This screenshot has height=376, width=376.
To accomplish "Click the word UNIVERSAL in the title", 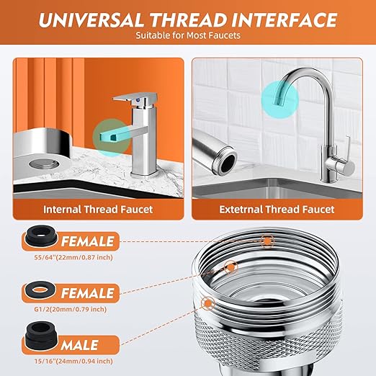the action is (x=91, y=19).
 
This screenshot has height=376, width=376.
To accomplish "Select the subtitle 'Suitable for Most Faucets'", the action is (x=188, y=35).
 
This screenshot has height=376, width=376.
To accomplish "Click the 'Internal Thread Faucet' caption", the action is (x=98, y=210).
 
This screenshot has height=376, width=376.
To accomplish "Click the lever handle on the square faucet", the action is (x=135, y=99).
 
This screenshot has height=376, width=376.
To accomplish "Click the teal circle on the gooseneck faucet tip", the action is (x=280, y=99).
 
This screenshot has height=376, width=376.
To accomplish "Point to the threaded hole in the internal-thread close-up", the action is (x=44, y=164).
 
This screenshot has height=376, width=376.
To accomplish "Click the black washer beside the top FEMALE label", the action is (x=41, y=236).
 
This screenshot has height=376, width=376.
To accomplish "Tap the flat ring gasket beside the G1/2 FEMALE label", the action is (x=40, y=290).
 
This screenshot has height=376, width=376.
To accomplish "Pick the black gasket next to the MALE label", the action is (x=40, y=334).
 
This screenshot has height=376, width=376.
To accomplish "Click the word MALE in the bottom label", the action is (x=79, y=345).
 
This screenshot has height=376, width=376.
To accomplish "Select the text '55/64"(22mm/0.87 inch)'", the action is (x=73, y=258).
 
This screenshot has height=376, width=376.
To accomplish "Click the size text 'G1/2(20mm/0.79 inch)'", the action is (x=71, y=309).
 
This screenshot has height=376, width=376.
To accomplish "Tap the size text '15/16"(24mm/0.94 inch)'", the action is (x=73, y=361).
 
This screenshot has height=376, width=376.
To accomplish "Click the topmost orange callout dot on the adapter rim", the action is (x=267, y=241).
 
